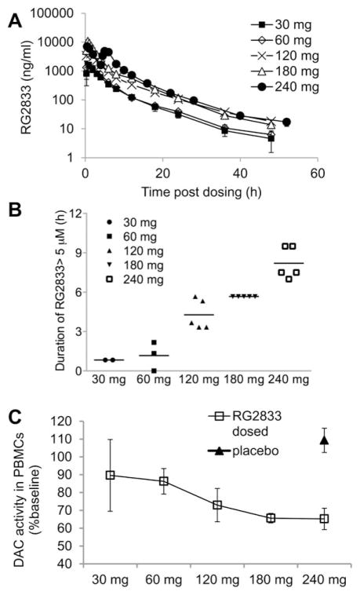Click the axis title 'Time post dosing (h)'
(x=200, y=191)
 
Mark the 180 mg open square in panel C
(x=271, y=518)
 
